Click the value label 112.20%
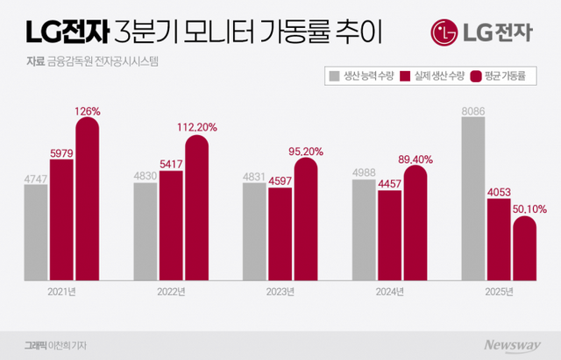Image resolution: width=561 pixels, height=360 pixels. tap(198, 127)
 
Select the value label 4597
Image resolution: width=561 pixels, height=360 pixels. tap(280, 180)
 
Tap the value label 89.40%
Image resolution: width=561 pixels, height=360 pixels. tap(415, 159)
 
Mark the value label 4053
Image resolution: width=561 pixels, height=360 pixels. tap(499, 191)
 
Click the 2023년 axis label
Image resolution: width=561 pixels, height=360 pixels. tap(280, 292)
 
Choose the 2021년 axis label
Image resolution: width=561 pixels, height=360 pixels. tap(61, 292)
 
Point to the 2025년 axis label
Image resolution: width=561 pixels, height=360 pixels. tap(499, 292)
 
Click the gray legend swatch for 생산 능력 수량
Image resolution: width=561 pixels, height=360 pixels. tap(335, 77)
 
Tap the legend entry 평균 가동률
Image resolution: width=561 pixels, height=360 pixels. tap(503, 77)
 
